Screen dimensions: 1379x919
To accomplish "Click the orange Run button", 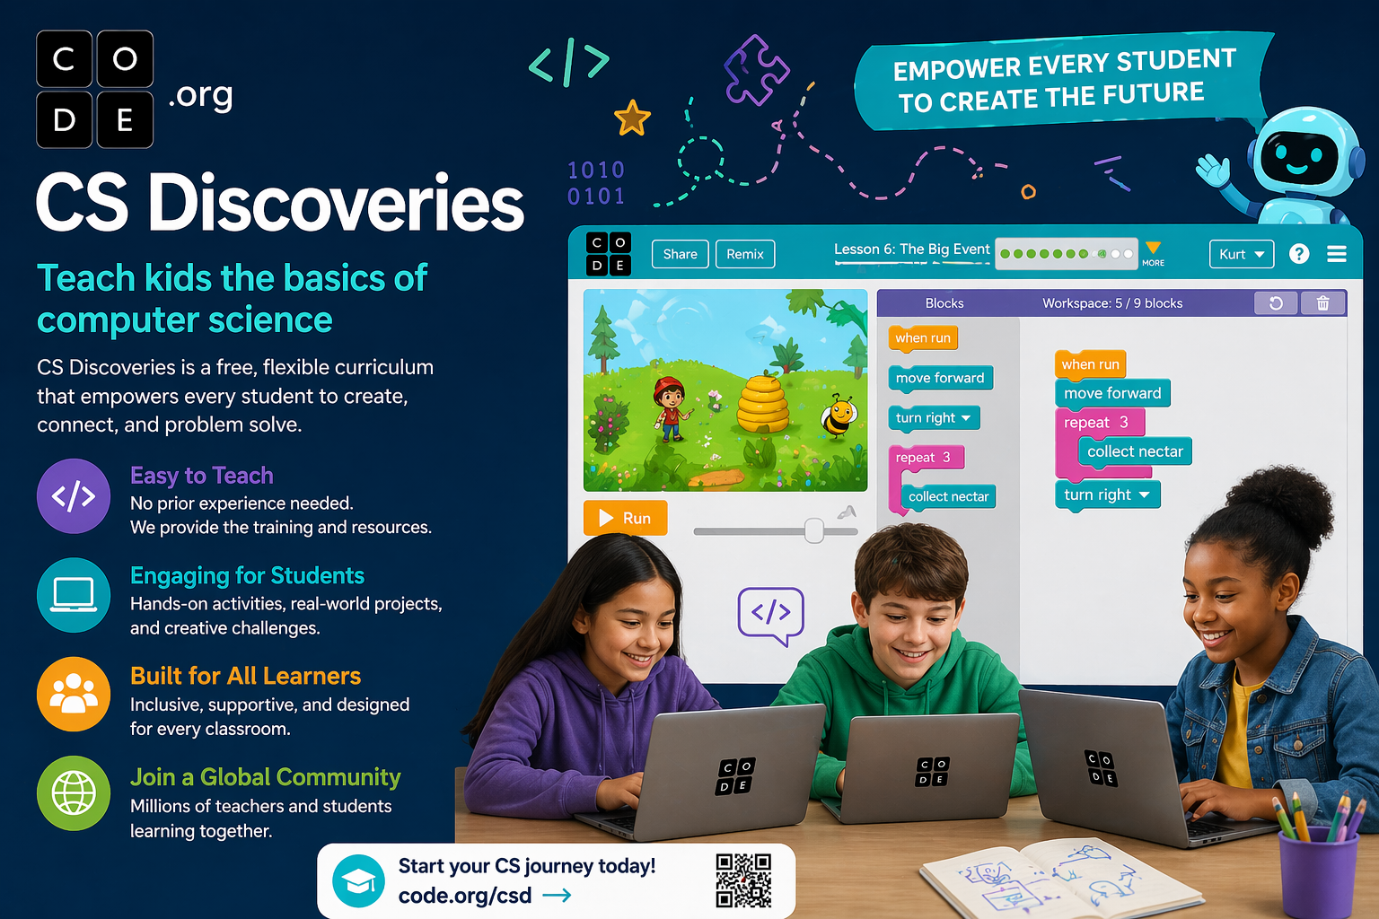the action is [x=625, y=518].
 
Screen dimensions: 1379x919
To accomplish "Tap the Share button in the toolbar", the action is [x=681, y=254].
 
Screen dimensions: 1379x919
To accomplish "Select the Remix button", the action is [x=745, y=254].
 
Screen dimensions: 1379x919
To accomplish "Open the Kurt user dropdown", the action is [x=1242, y=254].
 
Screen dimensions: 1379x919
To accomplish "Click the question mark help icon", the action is [x=1299, y=254].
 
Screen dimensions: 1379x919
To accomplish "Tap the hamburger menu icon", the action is [x=1337, y=254].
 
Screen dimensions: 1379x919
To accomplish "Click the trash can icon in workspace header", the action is [x=1323, y=302].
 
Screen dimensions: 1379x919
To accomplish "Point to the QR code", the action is [x=743, y=880].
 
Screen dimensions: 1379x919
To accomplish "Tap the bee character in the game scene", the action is [x=838, y=416].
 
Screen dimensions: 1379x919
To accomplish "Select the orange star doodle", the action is [x=632, y=118].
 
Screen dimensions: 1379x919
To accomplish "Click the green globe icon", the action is [x=74, y=793].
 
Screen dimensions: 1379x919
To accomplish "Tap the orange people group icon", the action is [x=74, y=694].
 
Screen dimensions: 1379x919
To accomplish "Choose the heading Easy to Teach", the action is [x=202, y=475].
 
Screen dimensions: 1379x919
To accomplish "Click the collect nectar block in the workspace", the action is [x=1135, y=451].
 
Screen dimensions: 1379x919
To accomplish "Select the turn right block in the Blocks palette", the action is [x=934, y=418].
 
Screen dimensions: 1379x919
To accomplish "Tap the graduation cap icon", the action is [x=358, y=880].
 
